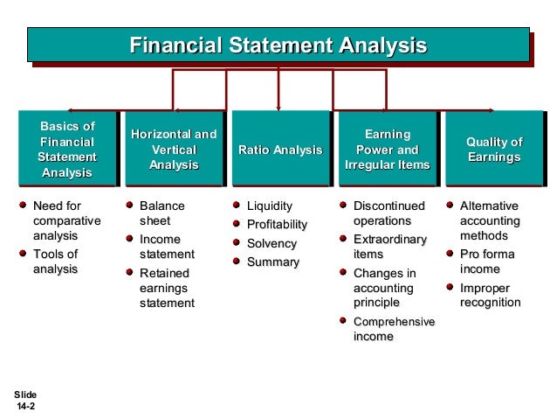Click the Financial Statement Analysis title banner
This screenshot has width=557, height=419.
[278, 45]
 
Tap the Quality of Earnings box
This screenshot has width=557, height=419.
[494, 150]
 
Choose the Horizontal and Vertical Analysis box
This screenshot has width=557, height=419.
[174, 150]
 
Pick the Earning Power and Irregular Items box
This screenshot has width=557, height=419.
[388, 150]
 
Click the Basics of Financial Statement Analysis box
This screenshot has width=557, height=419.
[67, 150]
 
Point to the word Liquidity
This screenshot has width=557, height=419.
[270, 206]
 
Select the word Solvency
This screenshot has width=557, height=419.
[272, 243]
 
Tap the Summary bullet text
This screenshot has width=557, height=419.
[272, 262]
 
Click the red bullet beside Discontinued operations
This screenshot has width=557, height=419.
[343, 206]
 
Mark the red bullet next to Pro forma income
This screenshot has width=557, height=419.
[450, 254]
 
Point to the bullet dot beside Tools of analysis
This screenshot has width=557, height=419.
[24, 254]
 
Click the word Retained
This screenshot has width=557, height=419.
[164, 273]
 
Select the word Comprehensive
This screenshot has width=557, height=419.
[393, 321]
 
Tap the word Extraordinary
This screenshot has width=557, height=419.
[389, 239]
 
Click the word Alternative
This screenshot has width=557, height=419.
[489, 206]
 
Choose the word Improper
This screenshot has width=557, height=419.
[485, 287]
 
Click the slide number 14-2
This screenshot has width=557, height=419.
[25, 407]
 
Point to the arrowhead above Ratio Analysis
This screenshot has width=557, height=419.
[278, 104]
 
